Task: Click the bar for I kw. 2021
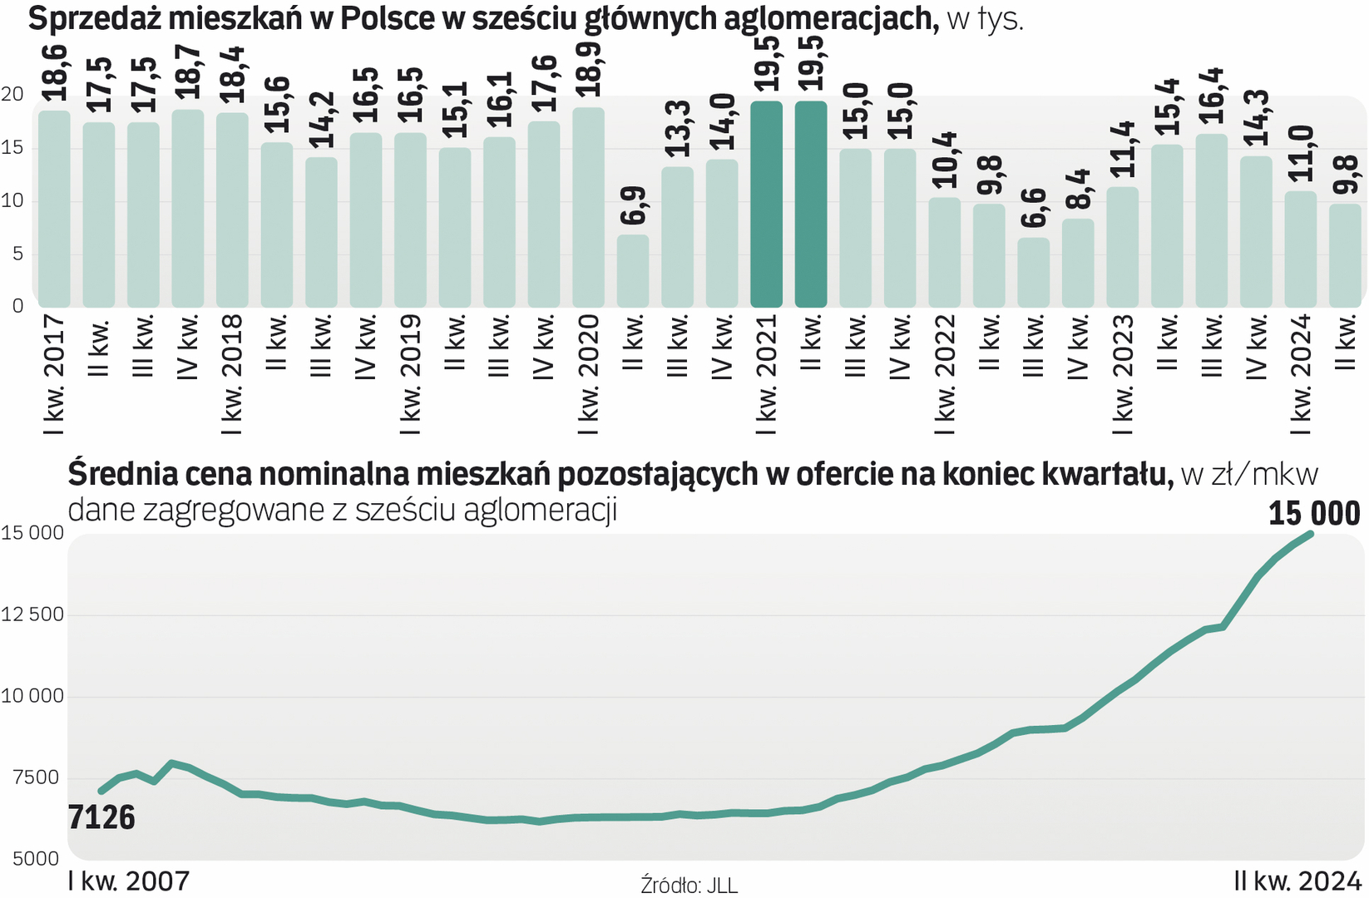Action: pyautogui.click(x=766, y=205)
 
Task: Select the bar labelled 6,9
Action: pyautogui.click(x=632, y=271)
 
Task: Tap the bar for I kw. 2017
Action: pyautogui.click(x=54, y=209)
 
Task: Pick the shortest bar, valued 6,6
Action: pyautogui.click(x=1033, y=273)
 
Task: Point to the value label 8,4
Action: pyautogui.click(x=1078, y=190)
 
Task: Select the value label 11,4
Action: pyautogui.click(x=1123, y=149)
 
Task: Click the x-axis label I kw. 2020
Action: pyautogui.click(x=589, y=374)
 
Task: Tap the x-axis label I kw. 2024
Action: pyautogui.click(x=1301, y=374)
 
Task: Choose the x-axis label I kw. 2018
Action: pyautogui.click(x=232, y=374)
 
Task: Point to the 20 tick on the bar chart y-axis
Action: pyautogui.click(x=12, y=94)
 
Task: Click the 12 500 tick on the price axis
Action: pyautogui.click(x=32, y=614)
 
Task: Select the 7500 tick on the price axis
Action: pyautogui.click(x=37, y=777)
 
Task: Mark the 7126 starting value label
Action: pyautogui.click(x=101, y=818)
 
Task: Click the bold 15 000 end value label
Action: pyautogui.click(x=1314, y=514)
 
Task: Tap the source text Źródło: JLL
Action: pyautogui.click(x=689, y=885)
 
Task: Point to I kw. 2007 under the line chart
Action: pyautogui.click(x=129, y=881)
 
